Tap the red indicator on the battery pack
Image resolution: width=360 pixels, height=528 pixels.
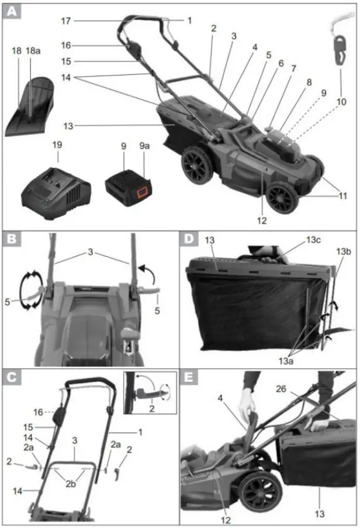click(x=140, y=192)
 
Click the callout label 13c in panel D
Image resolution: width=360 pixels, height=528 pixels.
click(x=313, y=239)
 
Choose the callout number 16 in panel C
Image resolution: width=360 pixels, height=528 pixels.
click(x=37, y=412)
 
